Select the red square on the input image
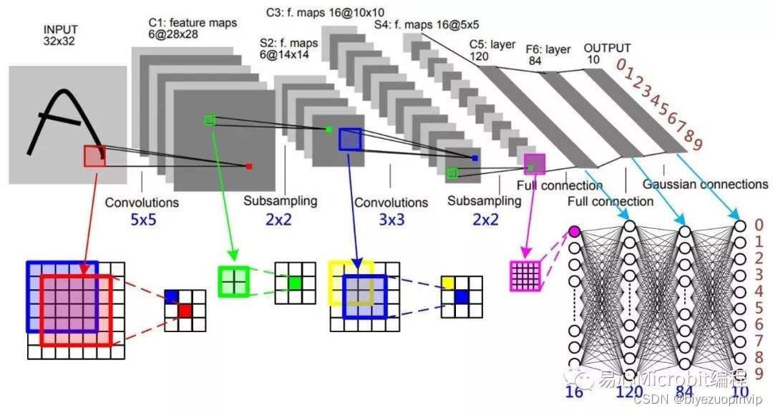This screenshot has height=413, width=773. coord(94,155)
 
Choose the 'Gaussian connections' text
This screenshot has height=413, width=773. coord(705,184)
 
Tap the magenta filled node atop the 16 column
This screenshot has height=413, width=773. coord(574,231)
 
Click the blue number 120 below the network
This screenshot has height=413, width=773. coord(630,392)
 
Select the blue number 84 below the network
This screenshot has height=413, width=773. coord(685,392)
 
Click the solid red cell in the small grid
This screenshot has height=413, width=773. coord(185,310)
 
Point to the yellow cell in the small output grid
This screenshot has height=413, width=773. coord(448,284)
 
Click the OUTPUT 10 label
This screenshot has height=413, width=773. coord(608,54)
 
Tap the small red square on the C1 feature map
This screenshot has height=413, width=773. coord(249,167)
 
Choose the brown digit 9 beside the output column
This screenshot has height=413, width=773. coord(759,373)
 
